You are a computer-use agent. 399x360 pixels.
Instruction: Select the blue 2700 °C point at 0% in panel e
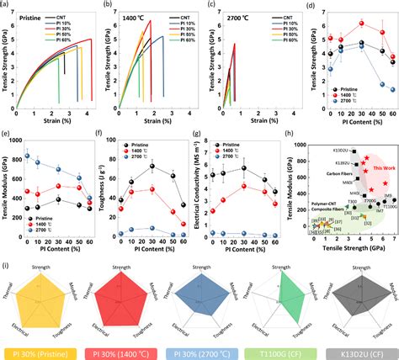pos(27,156)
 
